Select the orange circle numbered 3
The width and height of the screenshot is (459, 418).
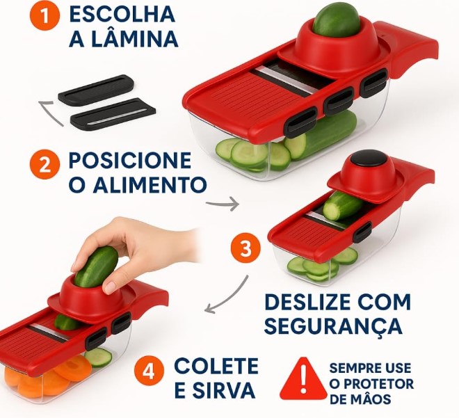[245, 249]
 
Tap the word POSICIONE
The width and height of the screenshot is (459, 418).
[129, 161]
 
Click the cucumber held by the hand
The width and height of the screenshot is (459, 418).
[97, 266]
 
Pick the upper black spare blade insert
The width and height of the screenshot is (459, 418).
[95, 90]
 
